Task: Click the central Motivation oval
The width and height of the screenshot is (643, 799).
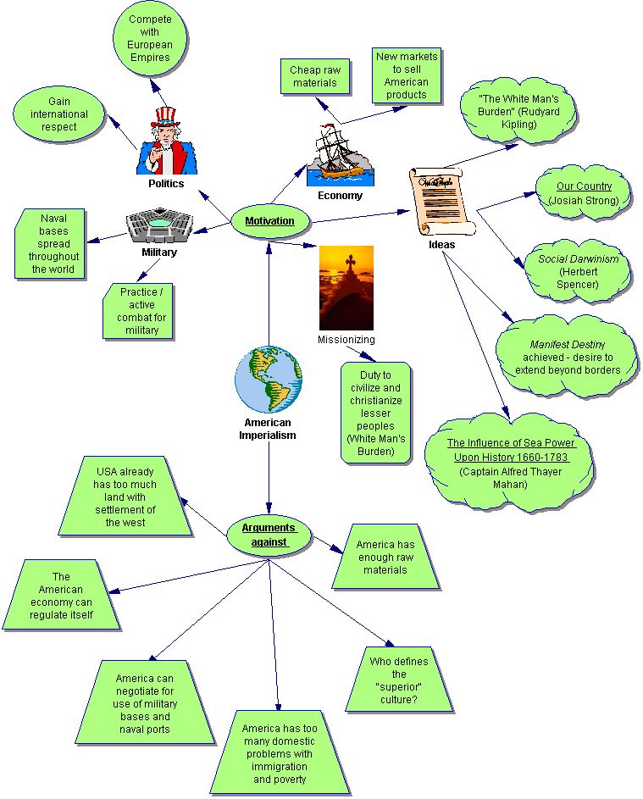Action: pos(269,221)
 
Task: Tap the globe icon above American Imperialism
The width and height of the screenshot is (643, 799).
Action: pos(269,380)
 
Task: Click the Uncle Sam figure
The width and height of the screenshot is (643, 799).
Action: pos(167,141)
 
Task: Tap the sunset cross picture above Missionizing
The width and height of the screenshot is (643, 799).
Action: pos(346,288)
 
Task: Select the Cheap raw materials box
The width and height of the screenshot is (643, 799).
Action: pos(313,77)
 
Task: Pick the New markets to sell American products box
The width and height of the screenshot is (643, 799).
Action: pos(407,76)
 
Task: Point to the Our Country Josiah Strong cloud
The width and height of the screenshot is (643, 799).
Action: pos(584,193)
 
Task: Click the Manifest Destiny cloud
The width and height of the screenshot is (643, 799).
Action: pos(572,357)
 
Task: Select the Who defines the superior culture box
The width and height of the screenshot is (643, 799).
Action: pos(399,680)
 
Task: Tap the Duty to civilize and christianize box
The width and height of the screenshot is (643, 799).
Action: pos(375,413)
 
